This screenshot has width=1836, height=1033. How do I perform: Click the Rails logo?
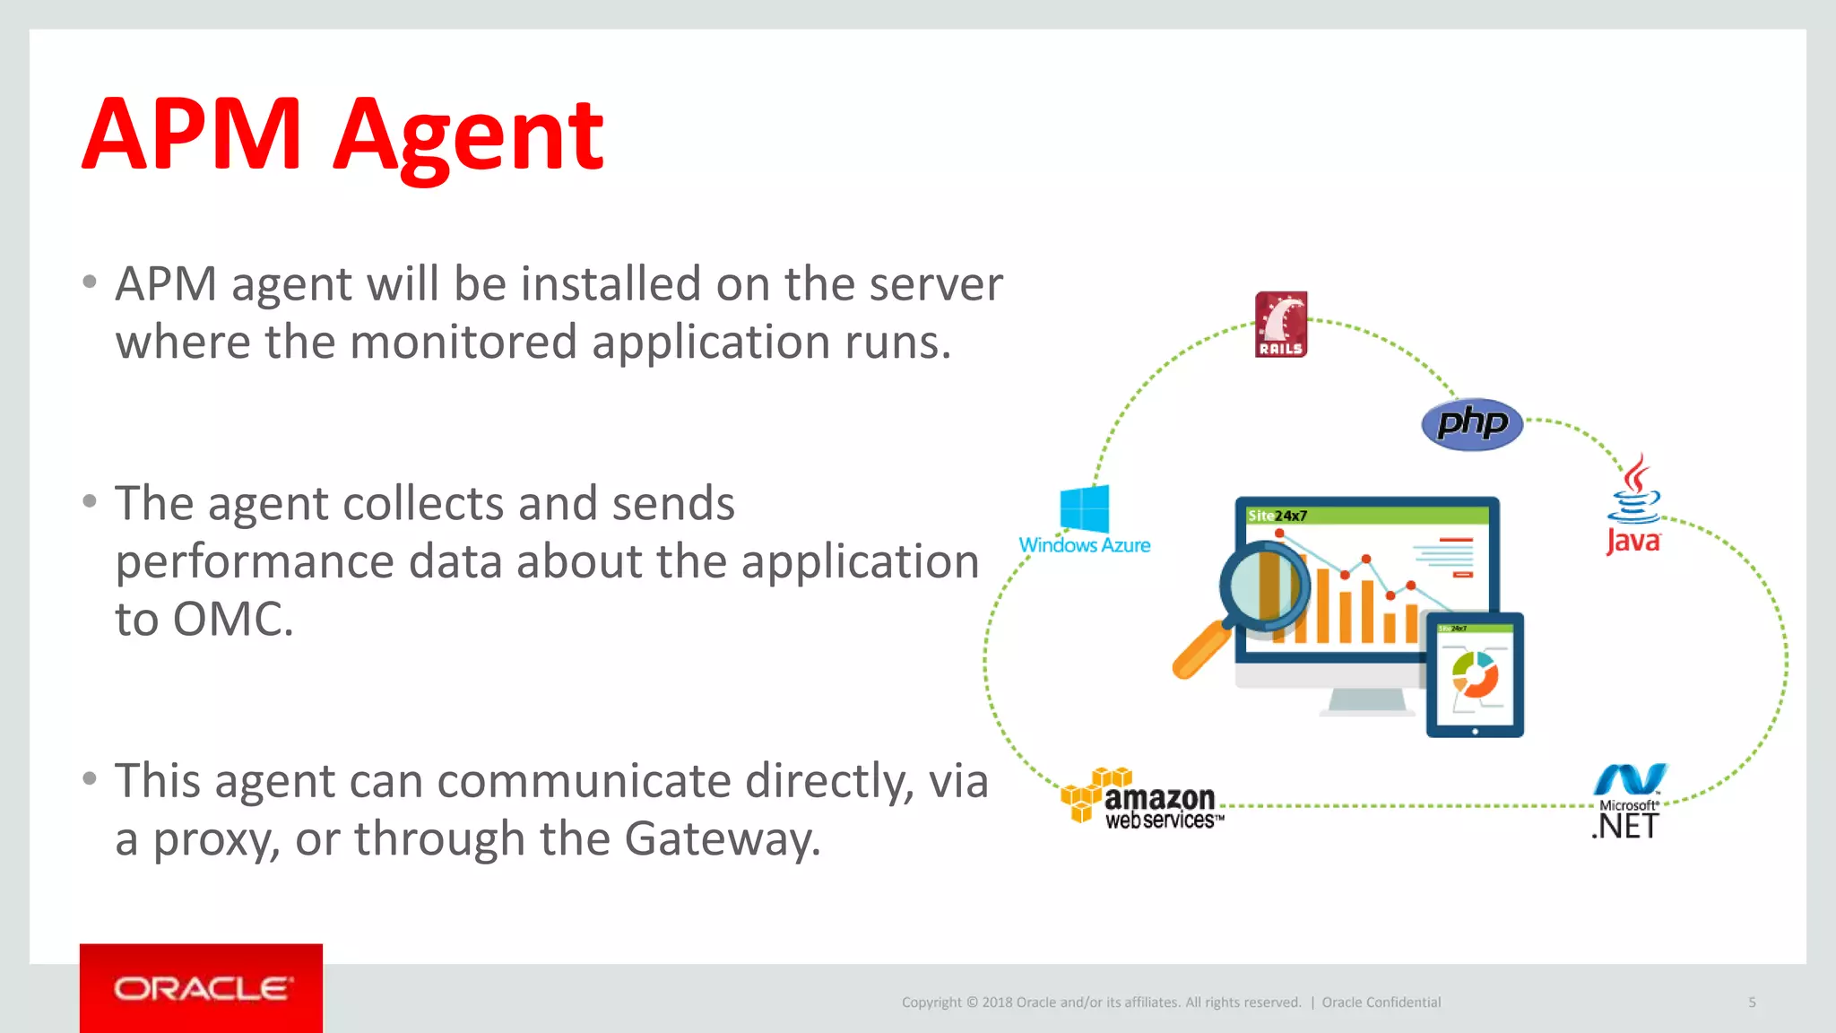(x=1280, y=325)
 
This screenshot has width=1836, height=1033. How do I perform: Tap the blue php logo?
(x=1472, y=423)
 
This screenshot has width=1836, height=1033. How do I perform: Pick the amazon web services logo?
(x=1141, y=798)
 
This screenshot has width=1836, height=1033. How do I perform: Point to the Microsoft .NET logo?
(x=1628, y=801)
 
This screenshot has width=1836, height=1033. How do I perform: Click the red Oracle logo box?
(x=201, y=988)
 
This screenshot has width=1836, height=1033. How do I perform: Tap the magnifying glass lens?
(x=1265, y=587)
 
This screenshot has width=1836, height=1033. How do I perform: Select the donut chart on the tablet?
(x=1475, y=675)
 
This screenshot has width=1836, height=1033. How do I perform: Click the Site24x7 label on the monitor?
(x=1277, y=516)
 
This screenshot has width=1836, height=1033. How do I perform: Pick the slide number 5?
(x=1752, y=1003)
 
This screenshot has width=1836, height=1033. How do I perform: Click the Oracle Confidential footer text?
(x=1381, y=1003)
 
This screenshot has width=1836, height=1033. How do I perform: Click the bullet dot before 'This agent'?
(x=89, y=778)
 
